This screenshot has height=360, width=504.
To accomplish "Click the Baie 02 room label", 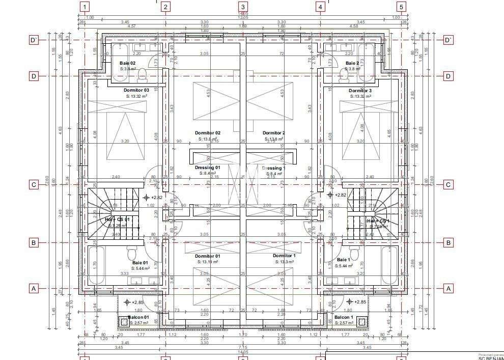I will click(x=128, y=63).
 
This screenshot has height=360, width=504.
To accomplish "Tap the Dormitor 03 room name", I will click(x=136, y=90).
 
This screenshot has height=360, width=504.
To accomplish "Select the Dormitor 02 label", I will click(x=207, y=133).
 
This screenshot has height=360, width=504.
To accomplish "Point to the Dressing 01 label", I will click(x=207, y=168).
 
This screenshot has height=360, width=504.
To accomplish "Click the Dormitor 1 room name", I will click(x=284, y=256).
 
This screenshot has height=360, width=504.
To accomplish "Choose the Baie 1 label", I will click(x=343, y=260).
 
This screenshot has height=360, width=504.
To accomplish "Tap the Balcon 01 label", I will click(x=138, y=317).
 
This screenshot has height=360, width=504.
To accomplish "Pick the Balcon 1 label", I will click(x=344, y=317).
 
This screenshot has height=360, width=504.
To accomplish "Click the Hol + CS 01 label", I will click(x=118, y=219).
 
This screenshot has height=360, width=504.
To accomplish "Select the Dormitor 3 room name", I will click(x=360, y=90).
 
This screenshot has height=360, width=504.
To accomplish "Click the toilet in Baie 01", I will click(x=132, y=253).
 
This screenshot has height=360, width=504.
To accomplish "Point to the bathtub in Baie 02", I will click(x=121, y=62).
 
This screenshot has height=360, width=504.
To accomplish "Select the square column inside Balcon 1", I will click(x=362, y=321).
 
